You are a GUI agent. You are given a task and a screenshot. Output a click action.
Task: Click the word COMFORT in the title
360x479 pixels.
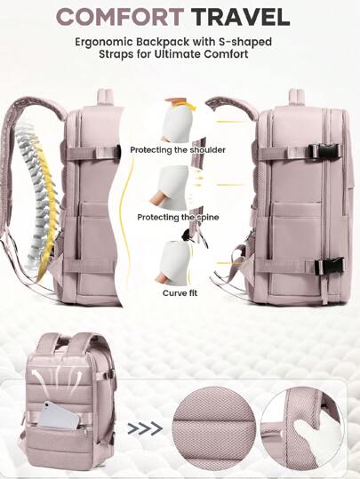[x=120, y=17]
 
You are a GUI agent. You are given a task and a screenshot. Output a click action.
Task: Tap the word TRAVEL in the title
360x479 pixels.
[x=241, y=17]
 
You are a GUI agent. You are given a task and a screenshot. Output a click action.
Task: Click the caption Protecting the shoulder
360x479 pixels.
[x=178, y=150]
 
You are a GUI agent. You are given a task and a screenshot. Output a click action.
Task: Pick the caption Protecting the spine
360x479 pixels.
[x=178, y=217]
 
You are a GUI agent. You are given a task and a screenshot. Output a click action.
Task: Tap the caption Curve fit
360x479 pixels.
[x=180, y=293]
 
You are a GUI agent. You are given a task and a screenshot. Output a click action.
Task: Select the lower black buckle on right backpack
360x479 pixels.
[x=329, y=266]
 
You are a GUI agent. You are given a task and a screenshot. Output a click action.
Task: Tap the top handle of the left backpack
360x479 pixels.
[x=105, y=99]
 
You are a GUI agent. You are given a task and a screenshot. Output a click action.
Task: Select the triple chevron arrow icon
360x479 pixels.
[x=145, y=428]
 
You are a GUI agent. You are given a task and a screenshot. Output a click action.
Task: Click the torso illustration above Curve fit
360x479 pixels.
[x=173, y=261]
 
